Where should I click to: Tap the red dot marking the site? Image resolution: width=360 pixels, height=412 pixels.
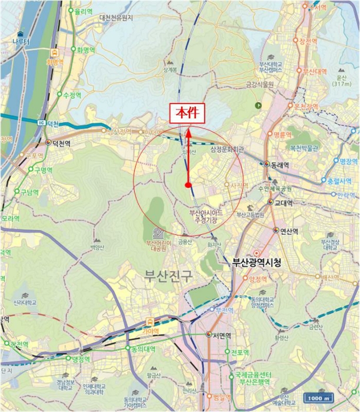click(188, 185)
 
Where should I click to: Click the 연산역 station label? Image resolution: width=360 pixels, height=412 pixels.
click(283, 231)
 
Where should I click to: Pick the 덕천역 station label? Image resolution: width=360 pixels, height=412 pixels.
click(60, 142)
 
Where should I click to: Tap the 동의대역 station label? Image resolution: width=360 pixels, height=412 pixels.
click(144, 348)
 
